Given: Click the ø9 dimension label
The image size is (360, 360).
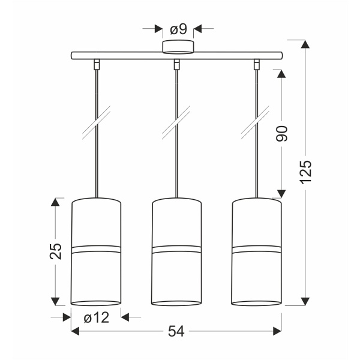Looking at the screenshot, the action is pos(178,29).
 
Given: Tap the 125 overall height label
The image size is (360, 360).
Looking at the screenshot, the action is pos(306,169).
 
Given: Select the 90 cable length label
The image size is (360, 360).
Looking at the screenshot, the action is pos(282,133).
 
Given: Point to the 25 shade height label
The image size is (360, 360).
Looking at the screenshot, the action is pos(56,251).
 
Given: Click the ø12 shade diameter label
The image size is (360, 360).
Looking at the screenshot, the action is pos(96,318).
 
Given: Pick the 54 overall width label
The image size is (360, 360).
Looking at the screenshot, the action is pos(176,331).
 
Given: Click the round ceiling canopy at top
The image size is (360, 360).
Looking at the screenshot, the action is pos(178,47).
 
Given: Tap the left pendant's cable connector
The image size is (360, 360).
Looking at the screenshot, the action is pos(97,64).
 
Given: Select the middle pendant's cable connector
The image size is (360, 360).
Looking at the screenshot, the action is pos(176,64).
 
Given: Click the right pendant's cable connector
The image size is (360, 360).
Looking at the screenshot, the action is pos(256,64).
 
